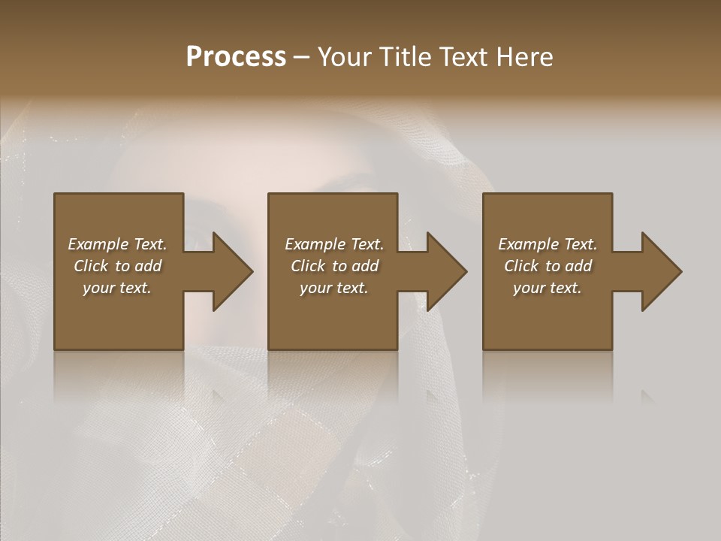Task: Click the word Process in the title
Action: (236, 56)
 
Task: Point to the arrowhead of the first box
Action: (231, 271)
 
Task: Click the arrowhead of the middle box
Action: (446, 271)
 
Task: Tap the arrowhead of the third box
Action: (661, 271)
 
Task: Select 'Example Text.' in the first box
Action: (117, 244)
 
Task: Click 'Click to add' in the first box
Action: (117, 266)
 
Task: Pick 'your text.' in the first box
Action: (117, 288)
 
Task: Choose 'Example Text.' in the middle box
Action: (333, 244)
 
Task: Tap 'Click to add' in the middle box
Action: (333, 266)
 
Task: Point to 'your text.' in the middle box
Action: (333, 288)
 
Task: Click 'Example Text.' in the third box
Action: (548, 244)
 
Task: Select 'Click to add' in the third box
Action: (548, 266)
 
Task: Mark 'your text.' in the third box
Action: (548, 288)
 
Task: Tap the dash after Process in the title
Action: (302, 58)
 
